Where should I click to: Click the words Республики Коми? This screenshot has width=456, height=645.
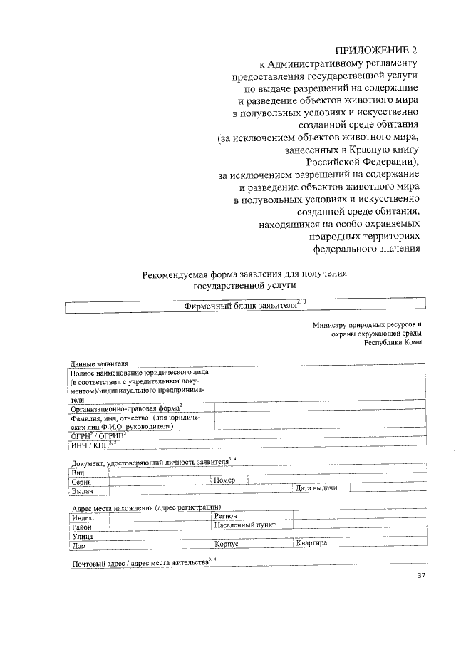(393, 341)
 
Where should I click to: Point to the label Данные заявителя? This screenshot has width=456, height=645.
(99, 363)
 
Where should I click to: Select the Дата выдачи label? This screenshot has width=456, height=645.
(316, 487)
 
